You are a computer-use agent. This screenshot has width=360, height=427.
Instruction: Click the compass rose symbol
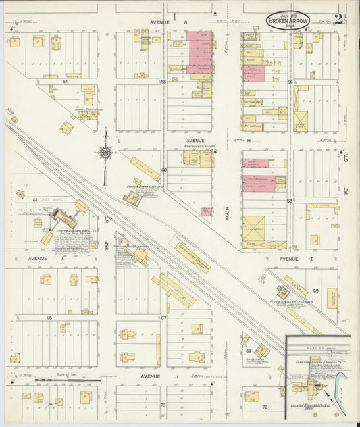pyautogui.click(x=106, y=153)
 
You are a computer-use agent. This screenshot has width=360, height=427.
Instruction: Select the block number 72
pyautogui.click(x=265, y=407)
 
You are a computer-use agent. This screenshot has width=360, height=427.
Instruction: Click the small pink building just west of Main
pyautogui.click(x=207, y=211)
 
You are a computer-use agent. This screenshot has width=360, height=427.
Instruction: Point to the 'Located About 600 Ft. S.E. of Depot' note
pyautogui.click(x=307, y=407)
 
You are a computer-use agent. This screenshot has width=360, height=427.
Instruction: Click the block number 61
pyautogui.click(x=34, y=200)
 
